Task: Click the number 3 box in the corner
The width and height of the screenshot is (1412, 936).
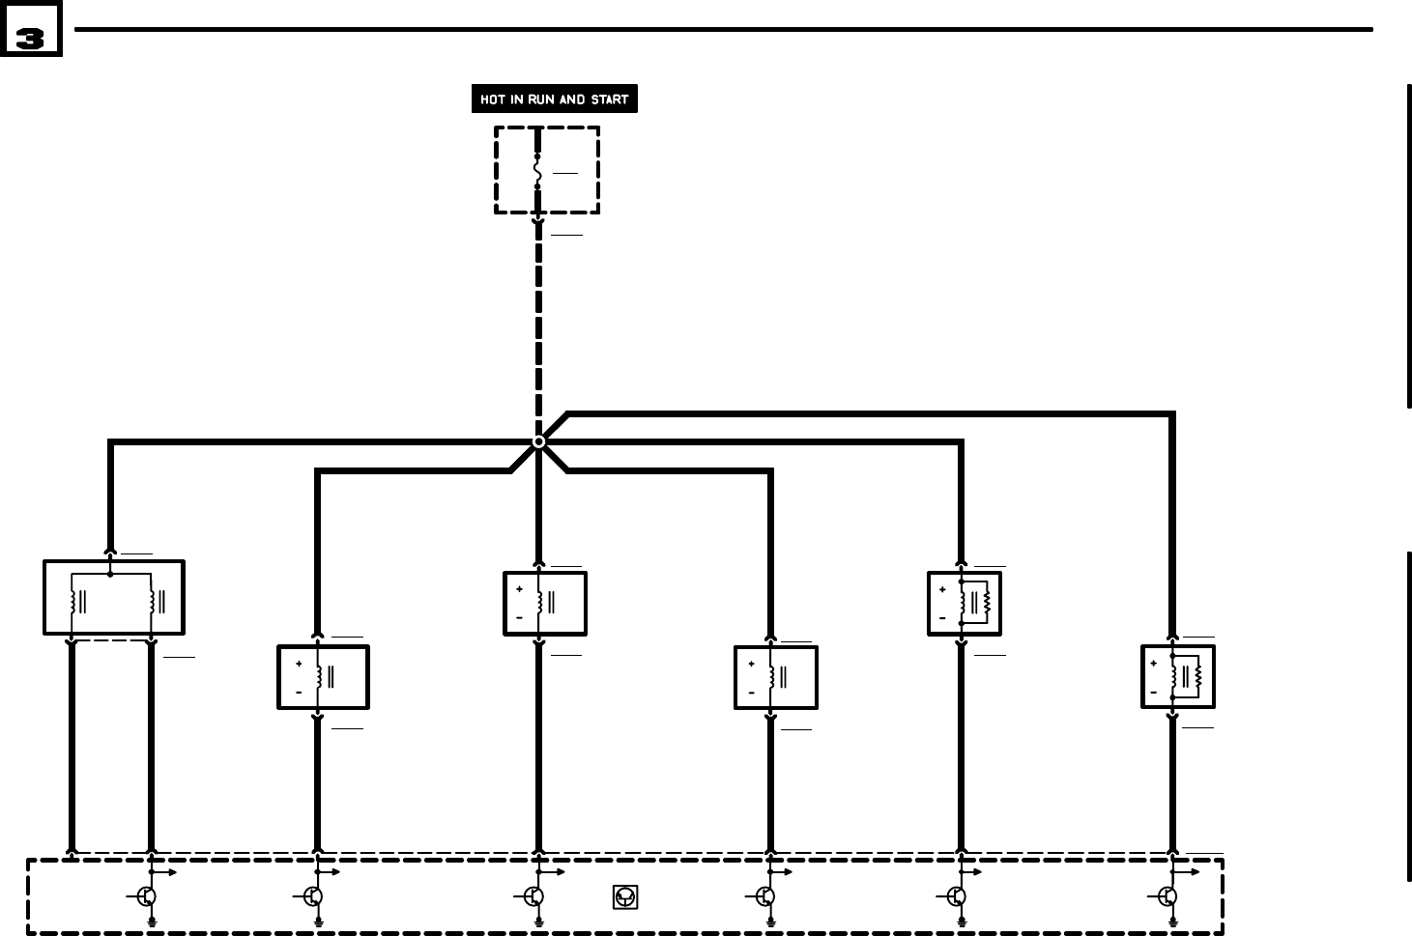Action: click(31, 29)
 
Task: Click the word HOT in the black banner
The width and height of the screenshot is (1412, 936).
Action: click(493, 99)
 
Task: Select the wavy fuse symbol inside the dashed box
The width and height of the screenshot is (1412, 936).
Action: click(538, 171)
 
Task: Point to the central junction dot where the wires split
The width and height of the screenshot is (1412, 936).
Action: click(538, 441)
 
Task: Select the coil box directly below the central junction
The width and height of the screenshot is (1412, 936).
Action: click(544, 603)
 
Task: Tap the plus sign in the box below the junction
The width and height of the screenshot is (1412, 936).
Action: click(519, 589)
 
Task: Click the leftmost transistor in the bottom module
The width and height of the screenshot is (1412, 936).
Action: click(146, 896)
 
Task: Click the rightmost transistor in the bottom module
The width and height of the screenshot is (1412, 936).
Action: click(1167, 896)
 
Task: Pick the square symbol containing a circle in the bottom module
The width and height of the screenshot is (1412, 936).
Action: click(623, 898)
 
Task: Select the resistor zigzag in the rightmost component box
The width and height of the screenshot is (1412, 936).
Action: click(1198, 676)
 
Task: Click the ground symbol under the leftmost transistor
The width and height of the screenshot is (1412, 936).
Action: click(152, 922)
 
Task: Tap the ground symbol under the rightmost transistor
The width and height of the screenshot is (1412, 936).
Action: click(1173, 922)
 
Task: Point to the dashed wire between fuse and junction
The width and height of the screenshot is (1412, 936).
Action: click(538, 328)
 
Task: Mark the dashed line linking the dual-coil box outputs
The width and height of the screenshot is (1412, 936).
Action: click(112, 640)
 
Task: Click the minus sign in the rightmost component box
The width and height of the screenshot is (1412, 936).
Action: click(1153, 693)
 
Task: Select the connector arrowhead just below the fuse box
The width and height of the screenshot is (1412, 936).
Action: click(538, 222)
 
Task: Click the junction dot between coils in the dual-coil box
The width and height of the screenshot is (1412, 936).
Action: click(111, 575)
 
